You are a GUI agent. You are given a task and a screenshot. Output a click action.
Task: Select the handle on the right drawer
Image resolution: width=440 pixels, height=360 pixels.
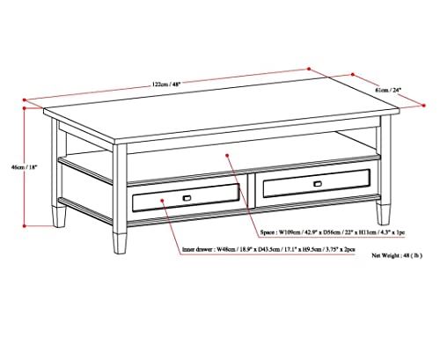316,183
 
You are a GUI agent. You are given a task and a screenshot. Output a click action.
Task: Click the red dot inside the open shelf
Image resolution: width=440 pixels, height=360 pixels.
227,158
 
